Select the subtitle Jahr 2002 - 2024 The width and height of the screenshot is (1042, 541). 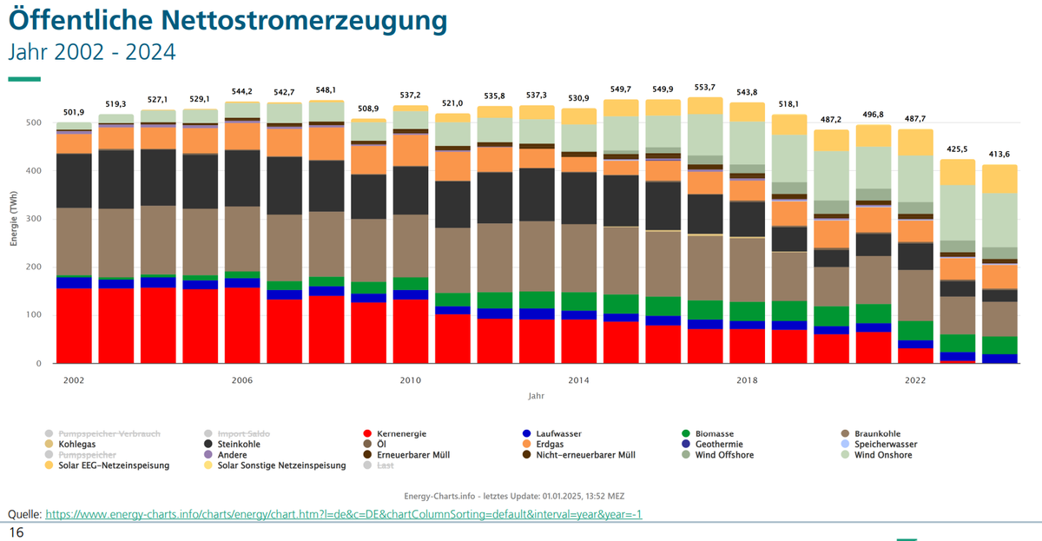click(x=91, y=52)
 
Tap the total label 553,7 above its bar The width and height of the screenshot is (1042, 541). click(x=705, y=88)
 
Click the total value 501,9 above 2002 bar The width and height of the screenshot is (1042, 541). click(x=75, y=112)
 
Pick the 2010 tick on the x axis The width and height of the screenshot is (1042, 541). click(x=410, y=380)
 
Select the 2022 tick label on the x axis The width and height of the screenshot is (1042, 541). click(x=915, y=380)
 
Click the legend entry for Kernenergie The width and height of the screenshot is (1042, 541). click(x=401, y=432)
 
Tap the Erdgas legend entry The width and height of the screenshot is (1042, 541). click(x=550, y=444)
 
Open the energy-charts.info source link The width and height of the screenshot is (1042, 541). click(x=343, y=514)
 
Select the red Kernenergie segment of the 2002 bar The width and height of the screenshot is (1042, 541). click(x=75, y=326)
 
